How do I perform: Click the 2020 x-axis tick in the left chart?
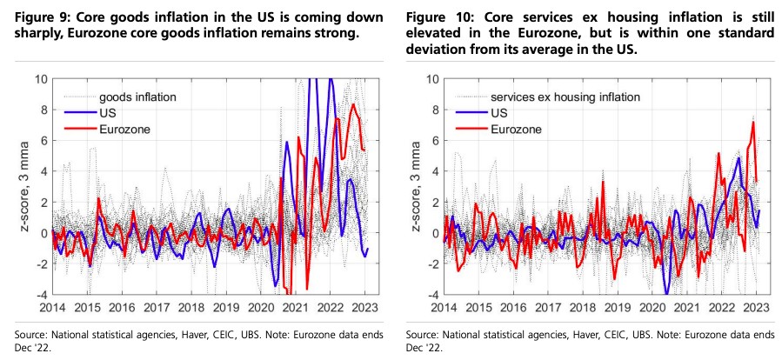coord(261,308)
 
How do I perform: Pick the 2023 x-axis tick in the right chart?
coord(757,308)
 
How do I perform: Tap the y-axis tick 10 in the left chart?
coord(40,79)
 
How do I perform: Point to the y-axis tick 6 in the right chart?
coord(432,140)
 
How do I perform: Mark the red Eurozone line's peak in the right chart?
coord(752,123)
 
